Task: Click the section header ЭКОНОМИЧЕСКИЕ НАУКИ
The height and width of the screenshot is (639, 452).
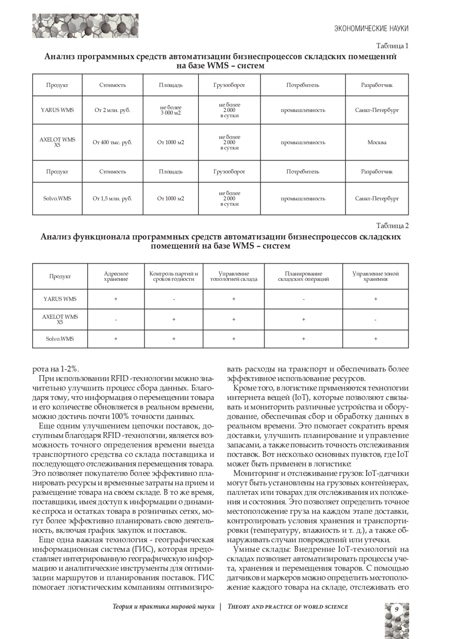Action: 371,29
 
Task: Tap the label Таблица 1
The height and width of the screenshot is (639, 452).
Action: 392,46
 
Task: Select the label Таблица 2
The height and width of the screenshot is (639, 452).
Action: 392,226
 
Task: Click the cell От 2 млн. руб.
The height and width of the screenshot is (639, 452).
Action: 112,110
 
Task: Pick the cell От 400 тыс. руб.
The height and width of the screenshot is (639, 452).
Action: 112,143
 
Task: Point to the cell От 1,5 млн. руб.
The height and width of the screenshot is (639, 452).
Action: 112,198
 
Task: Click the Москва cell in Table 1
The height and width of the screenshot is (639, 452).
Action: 377,143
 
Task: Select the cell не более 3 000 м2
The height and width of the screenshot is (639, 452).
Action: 171,110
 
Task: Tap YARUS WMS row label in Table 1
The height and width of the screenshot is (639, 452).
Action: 57,110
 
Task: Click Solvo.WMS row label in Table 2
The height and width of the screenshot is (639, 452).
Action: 60,339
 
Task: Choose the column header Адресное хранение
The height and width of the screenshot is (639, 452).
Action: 116,276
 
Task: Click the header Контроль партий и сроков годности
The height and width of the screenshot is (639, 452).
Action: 174,276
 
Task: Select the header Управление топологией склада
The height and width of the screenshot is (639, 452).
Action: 234,276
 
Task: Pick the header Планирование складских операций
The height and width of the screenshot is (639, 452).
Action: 304,276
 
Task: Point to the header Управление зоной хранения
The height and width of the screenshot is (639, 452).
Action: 376,276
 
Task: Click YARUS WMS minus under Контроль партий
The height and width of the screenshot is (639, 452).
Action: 174,299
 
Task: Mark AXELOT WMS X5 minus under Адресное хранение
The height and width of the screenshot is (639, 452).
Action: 116,320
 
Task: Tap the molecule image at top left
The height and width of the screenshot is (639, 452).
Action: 85,26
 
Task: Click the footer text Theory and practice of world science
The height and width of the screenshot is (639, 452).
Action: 288,607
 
